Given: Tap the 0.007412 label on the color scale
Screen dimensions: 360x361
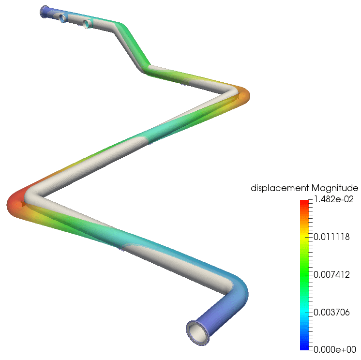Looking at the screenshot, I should pyautogui.click(x=332, y=274).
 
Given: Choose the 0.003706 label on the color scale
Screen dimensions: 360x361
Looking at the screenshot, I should pyautogui.click(x=332, y=312).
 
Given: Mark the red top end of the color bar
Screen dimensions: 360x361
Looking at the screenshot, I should pyautogui.click(x=304, y=202).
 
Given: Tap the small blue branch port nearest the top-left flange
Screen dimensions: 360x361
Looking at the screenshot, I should pyautogui.click(x=62, y=18).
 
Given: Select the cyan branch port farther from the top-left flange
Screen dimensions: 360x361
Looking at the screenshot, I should pyautogui.click(x=87, y=23).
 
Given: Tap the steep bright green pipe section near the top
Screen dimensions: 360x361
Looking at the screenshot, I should pyautogui.click(x=133, y=46).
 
